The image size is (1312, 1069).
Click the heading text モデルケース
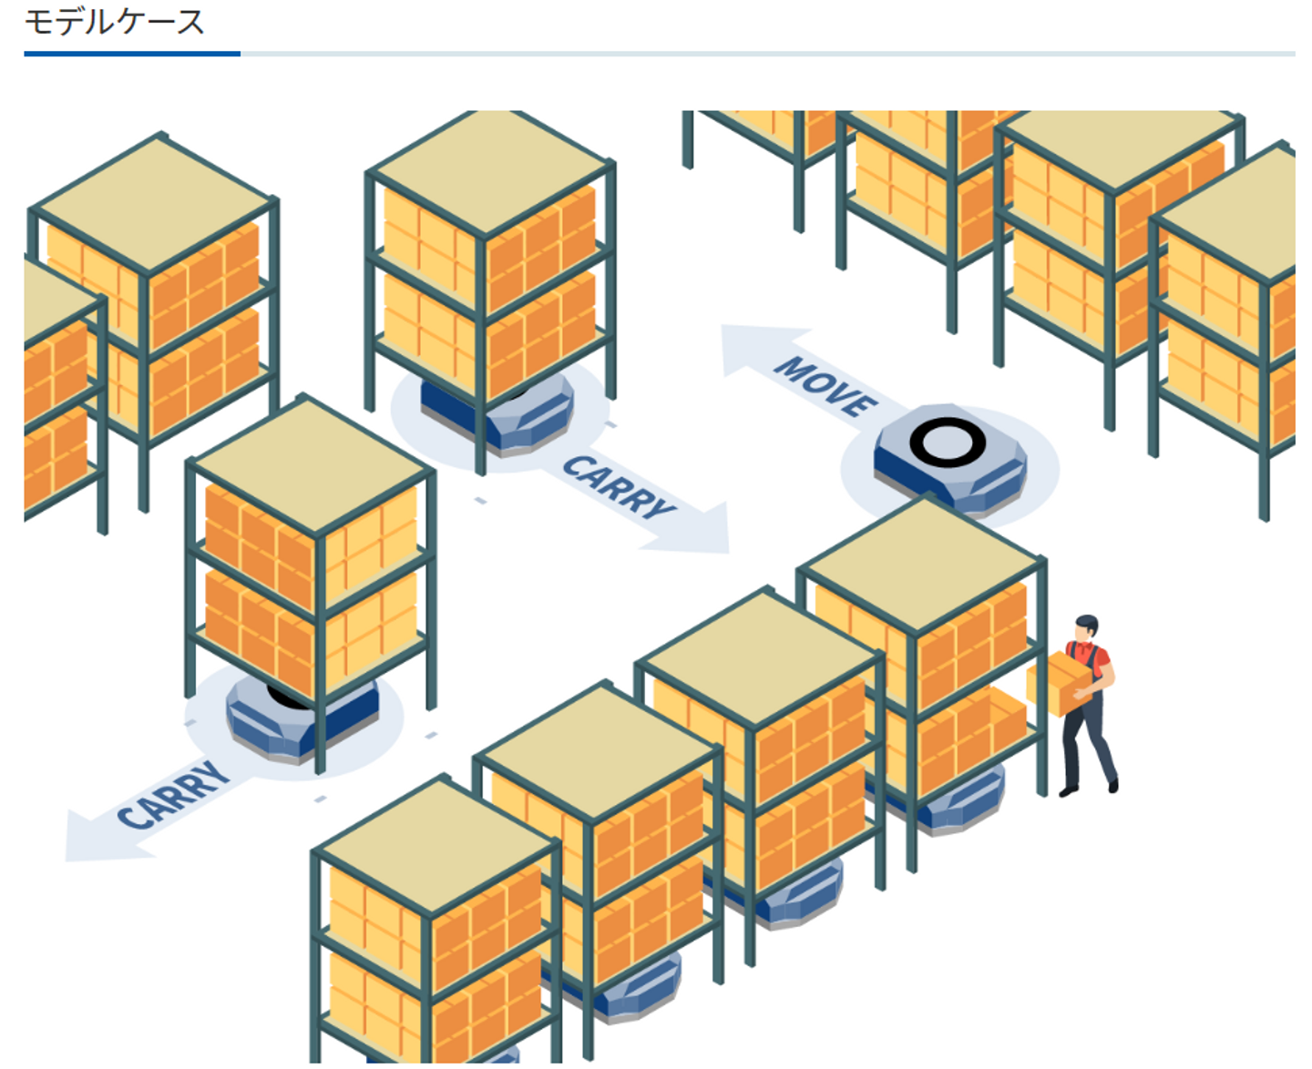(x=114, y=22)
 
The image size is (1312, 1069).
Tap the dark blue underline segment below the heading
(x=132, y=54)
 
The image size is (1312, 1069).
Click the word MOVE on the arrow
(x=825, y=386)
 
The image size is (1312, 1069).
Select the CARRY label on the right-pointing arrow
(x=619, y=487)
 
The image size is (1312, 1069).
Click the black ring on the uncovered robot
(x=948, y=443)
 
